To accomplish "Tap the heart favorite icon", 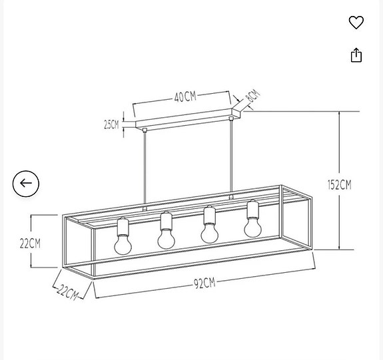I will coord(356,23).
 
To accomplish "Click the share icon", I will coord(356,55).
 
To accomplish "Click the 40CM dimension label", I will coord(185,97).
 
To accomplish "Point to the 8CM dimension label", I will coord(252,96).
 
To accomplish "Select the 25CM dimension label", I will coord(111,124).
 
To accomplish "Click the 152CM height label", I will coord(339,184).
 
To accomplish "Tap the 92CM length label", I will coord(204,283).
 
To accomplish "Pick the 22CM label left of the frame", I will coord(30,243).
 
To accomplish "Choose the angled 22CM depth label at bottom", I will coord(67,291).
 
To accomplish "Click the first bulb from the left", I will coord(123,245).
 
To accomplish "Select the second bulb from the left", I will coord(166,238).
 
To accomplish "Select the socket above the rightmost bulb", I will coord(252,209).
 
